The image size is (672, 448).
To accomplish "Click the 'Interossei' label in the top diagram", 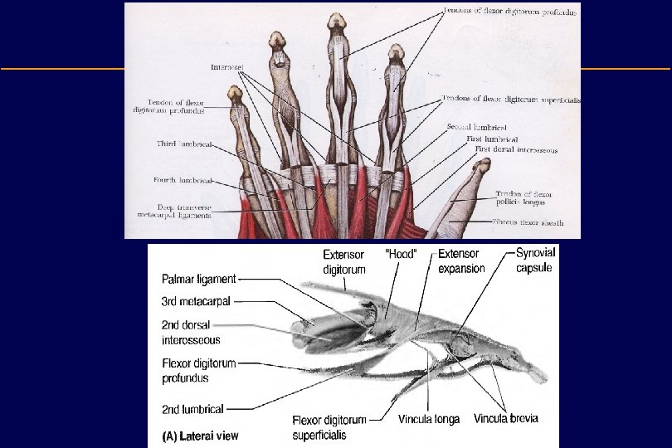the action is [x=226, y=66].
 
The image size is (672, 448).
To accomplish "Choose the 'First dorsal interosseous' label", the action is [x=516, y=150].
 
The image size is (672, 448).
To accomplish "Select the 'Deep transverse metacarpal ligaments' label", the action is [x=173, y=211].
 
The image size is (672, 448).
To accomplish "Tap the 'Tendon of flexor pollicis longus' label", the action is [x=524, y=198].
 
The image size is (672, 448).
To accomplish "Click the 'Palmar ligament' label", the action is [x=200, y=280].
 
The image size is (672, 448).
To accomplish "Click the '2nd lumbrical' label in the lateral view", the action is [x=192, y=408].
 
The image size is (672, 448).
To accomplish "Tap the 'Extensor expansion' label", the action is [x=462, y=261].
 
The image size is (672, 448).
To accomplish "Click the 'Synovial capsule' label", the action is [x=535, y=260].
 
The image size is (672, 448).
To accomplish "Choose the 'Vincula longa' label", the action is [x=430, y=420].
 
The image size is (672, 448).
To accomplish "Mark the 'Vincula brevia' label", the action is [x=506, y=419].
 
